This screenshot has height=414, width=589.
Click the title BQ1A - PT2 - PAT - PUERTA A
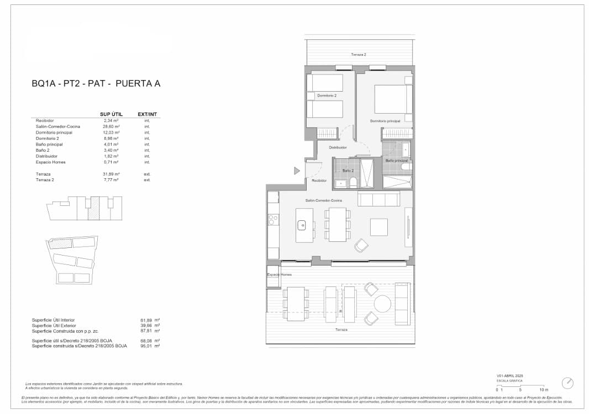pyautogui.click(x=96, y=84)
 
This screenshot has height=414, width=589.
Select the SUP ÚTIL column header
pyautogui.click(x=111, y=114)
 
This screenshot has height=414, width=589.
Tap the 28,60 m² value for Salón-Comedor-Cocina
pyautogui.click(x=111, y=126)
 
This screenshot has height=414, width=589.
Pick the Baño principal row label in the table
pyautogui.click(x=49, y=144)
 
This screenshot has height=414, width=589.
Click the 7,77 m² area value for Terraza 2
pyautogui.click(x=111, y=180)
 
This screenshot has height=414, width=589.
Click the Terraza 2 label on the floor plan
pyautogui.click(x=358, y=55)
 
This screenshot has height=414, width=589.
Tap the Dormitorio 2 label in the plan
pyautogui.click(x=327, y=95)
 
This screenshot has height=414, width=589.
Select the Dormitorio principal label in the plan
pyautogui.click(x=385, y=120)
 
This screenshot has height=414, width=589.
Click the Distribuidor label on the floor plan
pyautogui.click(x=338, y=147)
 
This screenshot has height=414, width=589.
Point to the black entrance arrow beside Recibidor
pyautogui.click(x=296, y=171)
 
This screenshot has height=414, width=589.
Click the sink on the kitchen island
pyautogui.click(x=302, y=225)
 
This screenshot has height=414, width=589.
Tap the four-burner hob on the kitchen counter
pyautogui.click(x=272, y=220)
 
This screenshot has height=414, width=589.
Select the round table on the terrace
pyautogui.click(x=382, y=304)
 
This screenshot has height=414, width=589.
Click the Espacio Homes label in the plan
pyautogui.click(x=279, y=274)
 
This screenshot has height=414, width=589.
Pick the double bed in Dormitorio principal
pyautogui.click(x=391, y=99)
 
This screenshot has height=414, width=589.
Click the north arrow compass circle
pyautogui.click(x=567, y=383)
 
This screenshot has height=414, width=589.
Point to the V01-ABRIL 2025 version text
pyautogui.click(x=509, y=375)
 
